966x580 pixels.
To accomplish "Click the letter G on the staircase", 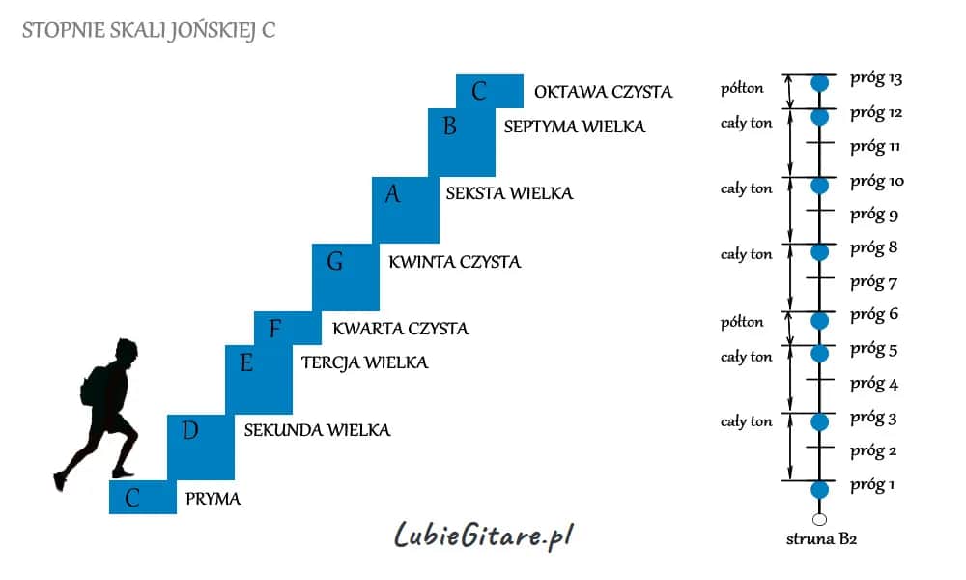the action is [334, 261].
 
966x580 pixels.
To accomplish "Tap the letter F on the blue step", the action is [274, 329].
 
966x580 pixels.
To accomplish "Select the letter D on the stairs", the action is [189, 430].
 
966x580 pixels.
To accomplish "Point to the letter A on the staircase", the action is [392, 194].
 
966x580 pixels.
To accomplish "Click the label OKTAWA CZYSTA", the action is [603, 92].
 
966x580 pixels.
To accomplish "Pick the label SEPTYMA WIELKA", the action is [575, 127].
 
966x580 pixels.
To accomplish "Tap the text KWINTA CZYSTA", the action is [455, 262].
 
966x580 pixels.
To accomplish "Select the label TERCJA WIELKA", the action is [365, 362].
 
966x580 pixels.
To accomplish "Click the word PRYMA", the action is [213, 499].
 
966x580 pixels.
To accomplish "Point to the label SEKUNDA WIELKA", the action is [317, 430].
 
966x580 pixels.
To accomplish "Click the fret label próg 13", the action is [876, 79].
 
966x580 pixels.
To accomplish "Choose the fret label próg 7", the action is [873, 282].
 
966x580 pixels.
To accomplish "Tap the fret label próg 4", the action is [874, 384].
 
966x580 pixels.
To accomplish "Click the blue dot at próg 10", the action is [819, 186].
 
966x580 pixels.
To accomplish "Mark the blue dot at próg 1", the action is [819, 490].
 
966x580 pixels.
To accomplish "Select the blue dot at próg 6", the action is [819, 321].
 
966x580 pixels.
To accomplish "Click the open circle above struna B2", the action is [819, 520].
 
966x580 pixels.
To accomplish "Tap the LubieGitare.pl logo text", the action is [484, 535].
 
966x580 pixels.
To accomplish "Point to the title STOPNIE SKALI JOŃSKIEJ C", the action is [149, 30].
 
